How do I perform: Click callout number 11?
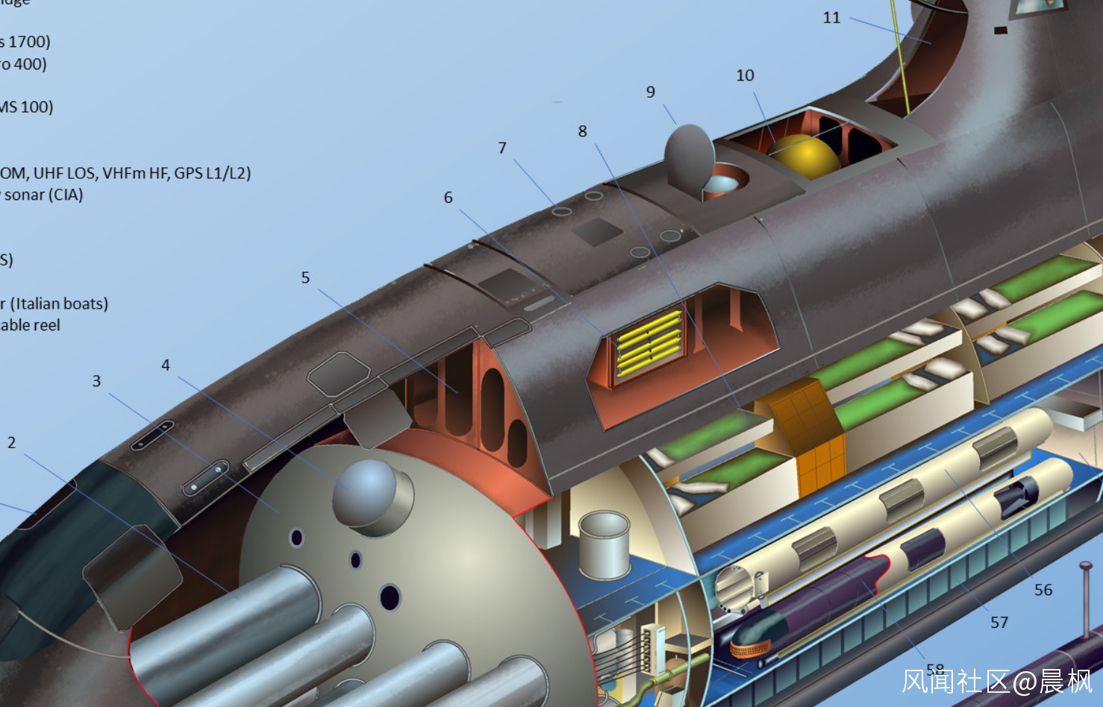(x=831, y=18)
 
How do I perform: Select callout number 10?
(x=745, y=75)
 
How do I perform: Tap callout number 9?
(x=651, y=92)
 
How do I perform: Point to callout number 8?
(x=582, y=131)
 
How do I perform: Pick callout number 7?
(x=502, y=148)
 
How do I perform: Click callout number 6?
(x=448, y=198)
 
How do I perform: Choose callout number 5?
(x=305, y=277)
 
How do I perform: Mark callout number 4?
(x=166, y=365)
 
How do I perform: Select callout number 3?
(x=96, y=381)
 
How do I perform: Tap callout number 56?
(x=1043, y=590)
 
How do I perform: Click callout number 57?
(x=999, y=623)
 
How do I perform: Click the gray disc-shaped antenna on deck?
(x=688, y=156)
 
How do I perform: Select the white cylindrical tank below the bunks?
(x=604, y=544)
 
